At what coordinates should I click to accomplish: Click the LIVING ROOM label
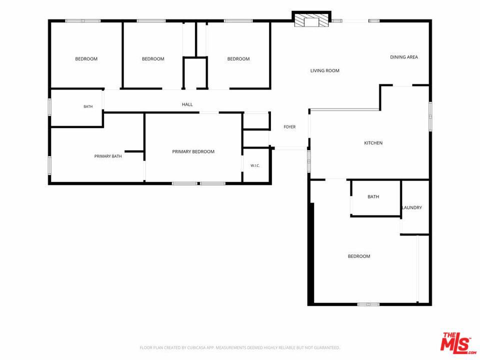325,70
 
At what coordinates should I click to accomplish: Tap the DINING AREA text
404,57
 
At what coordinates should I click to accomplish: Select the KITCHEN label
373,143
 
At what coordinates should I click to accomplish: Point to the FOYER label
289,126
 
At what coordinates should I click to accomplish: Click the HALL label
187,104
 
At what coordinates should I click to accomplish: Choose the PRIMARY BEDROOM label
193,151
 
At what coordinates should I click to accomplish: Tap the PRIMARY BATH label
108,156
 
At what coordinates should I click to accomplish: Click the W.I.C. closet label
255,165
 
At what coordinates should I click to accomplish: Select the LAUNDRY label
412,207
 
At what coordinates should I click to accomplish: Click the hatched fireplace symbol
311,20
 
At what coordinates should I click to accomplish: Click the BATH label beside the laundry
373,197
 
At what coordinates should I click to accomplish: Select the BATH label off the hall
88,106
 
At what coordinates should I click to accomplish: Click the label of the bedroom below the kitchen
359,256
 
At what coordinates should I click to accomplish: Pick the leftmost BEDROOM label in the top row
86,59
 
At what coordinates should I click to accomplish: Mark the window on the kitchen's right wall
430,116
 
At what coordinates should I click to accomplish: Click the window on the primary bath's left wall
49,165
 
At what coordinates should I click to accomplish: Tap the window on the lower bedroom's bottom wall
368,304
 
